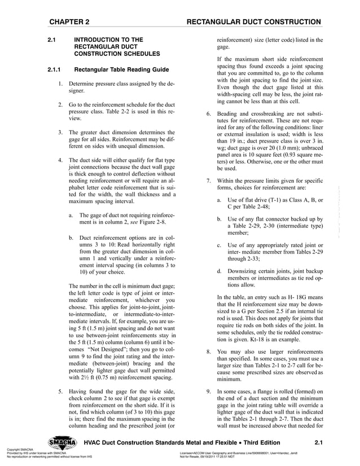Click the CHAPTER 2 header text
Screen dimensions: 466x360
click(69, 22)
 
